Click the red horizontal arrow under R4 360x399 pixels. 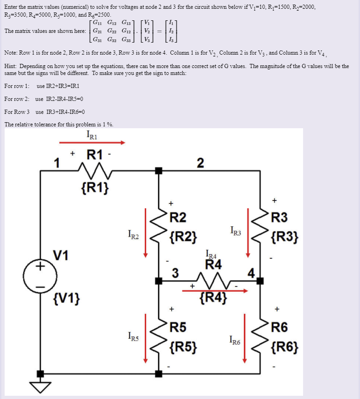click(x=215, y=291)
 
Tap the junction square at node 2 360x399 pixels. click(x=159, y=170)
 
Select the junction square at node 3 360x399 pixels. click(x=159, y=281)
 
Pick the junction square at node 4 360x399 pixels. click(x=260, y=281)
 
